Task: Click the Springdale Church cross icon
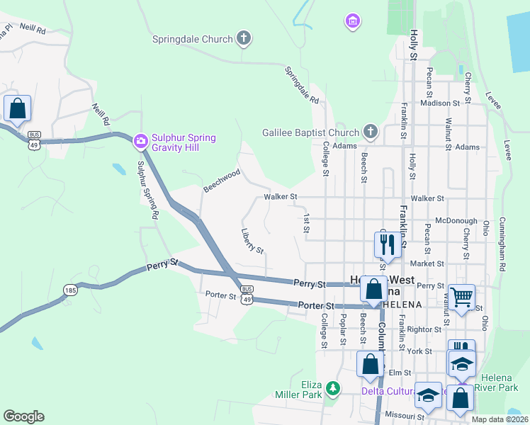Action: pos(243,39)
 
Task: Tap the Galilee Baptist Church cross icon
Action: pos(370,132)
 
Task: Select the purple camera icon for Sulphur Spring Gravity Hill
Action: pos(140,142)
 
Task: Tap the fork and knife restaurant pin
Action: pos(386,245)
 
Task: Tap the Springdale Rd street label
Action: pos(303,84)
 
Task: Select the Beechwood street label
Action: pos(222,181)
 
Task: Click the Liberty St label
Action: pos(252,241)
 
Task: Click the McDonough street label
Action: pos(457,221)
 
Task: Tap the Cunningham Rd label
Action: pos(502,244)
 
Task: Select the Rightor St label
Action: pos(424,329)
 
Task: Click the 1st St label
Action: pos(307,223)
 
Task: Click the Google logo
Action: pos(23,416)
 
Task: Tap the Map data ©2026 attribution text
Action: pos(500,419)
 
